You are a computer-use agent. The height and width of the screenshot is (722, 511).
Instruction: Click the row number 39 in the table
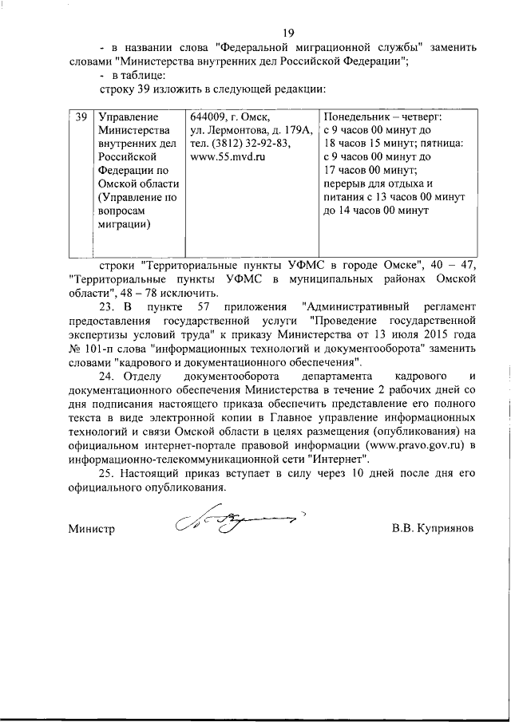coord(81,117)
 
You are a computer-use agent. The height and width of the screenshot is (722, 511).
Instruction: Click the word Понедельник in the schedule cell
coord(356,117)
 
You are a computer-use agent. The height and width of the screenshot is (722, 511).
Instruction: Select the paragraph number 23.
coord(108,307)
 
